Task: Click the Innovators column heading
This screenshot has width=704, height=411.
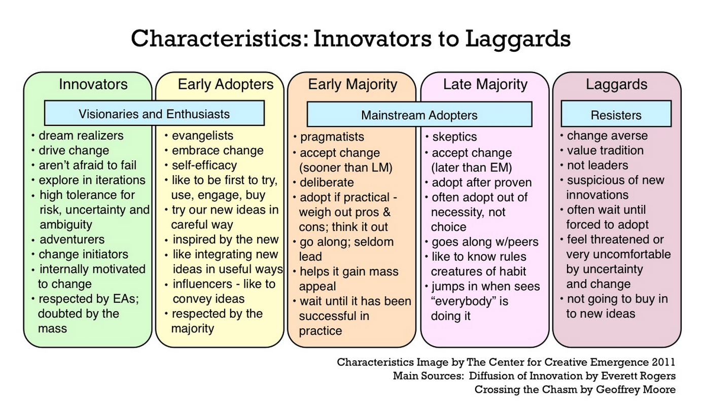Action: [x=93, y=84]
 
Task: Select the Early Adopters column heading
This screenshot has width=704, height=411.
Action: [x=225, y=84]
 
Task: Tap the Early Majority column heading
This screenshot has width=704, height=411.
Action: [x=353, y=84]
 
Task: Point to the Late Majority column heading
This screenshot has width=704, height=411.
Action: [x=485, y=84]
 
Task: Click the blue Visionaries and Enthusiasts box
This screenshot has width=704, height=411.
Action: [x=154, y=114]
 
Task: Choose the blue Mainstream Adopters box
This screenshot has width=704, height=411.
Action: [x=419, y=115]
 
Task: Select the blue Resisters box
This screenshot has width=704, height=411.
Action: [x=616, y=115]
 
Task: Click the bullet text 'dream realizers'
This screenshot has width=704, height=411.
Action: [x=81, y=135]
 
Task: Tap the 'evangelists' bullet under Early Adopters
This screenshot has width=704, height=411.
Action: [x=202, y=135]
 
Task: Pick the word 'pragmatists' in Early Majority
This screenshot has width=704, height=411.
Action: [x=332, y=137]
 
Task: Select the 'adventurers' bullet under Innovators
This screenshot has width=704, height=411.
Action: [x=72, y=239]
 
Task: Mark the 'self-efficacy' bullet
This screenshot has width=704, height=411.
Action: [x=204, y=165]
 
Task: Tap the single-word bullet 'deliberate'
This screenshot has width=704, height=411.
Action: [x=327, y=182]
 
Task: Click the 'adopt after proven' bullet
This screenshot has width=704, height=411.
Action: [x=481, y=183]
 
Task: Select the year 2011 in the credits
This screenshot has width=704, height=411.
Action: [x=664, y=362]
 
